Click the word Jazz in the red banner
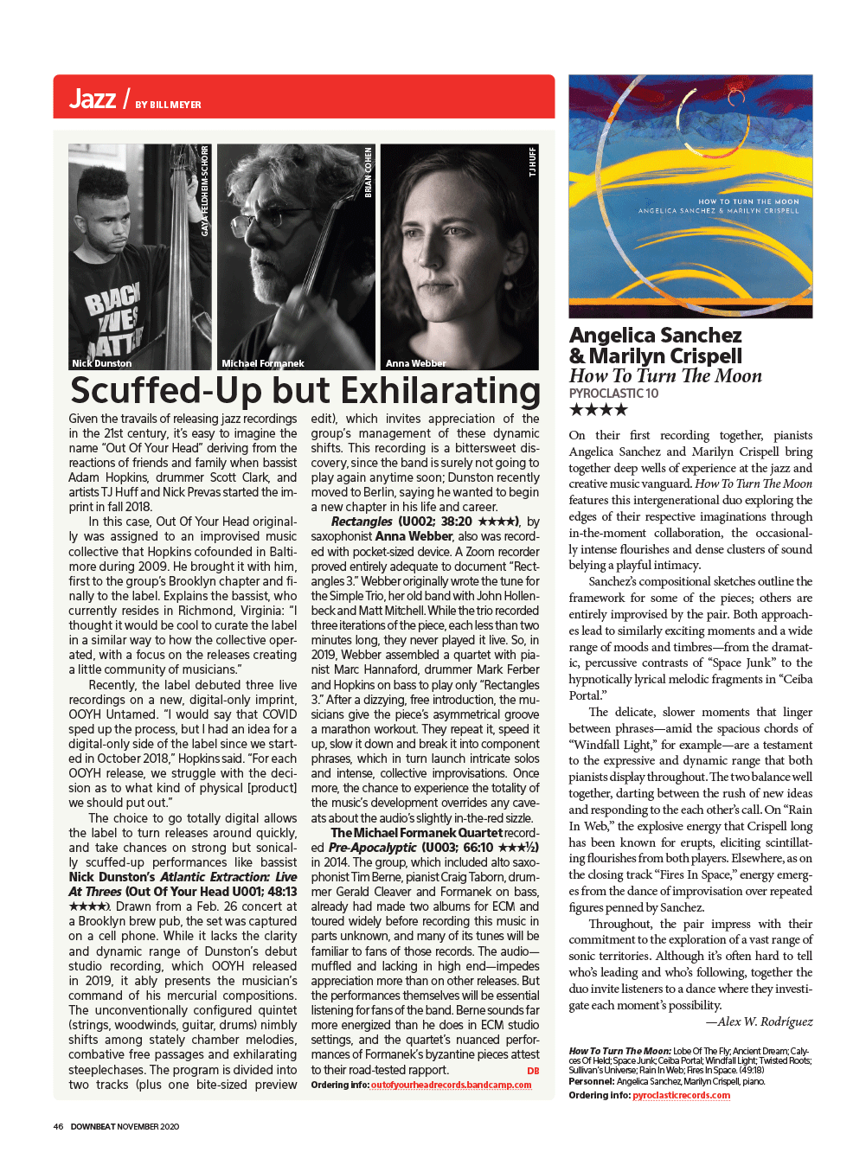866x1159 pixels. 93,99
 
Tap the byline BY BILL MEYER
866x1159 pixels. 168,105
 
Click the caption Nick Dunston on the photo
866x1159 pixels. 102,363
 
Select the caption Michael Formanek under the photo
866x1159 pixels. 263,363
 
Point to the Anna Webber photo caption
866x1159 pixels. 416,363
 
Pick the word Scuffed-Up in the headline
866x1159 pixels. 165,391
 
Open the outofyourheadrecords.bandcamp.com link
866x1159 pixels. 451,1085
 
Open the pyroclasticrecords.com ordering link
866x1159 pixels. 681,1095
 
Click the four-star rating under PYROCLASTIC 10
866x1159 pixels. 598,410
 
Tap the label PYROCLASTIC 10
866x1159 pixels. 613,394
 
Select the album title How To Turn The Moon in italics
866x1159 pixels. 665,375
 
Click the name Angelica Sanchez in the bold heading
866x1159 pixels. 655,335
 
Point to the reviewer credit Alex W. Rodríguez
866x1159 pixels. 759,1021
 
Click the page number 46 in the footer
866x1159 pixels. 58,1126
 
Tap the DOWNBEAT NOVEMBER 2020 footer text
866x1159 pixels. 125,1126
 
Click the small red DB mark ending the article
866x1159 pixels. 533,1071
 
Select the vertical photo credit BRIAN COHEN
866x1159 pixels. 368,173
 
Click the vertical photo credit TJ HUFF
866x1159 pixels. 532,163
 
